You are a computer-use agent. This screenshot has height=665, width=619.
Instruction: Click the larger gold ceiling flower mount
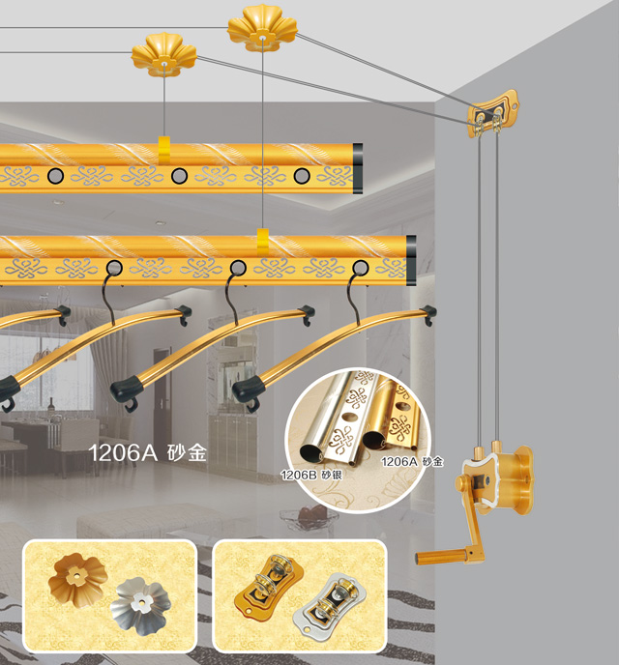[262, 28]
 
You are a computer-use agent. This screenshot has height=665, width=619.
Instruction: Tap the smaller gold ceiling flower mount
[163, 55]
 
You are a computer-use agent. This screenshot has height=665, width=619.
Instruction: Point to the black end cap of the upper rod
[358, 168]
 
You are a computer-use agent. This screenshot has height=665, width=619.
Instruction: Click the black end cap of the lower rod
[411, 260]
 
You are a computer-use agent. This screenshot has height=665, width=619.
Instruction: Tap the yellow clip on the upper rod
[164, 150]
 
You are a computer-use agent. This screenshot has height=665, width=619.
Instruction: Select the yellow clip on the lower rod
[263, 243]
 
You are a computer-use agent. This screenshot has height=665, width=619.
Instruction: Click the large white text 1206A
[123, 452]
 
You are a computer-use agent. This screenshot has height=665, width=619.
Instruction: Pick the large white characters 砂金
[187, 452]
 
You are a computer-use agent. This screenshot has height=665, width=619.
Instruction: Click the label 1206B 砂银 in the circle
[311, 476]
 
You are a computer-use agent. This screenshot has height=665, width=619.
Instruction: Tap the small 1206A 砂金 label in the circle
[412, 461]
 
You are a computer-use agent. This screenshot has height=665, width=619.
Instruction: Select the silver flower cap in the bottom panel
[140, 606]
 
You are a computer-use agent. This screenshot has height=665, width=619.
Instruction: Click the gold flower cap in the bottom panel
[77, 578]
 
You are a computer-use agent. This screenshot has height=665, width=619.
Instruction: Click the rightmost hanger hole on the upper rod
[302, 176]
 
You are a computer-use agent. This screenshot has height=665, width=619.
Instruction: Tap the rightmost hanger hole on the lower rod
[361, 268]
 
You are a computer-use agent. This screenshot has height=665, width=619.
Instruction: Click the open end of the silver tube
[311, 452]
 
